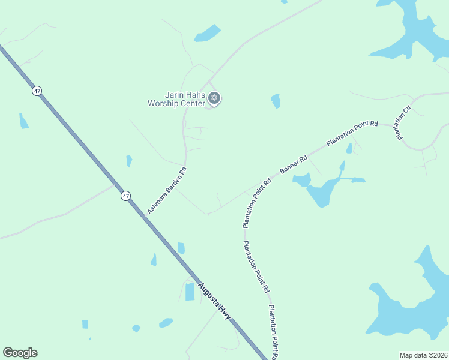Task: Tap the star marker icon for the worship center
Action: [x=214, y=98]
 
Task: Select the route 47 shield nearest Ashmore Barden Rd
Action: [x=125, y=196]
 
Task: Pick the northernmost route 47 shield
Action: [x=37, y=91]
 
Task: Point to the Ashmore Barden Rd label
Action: [x=167, y=190]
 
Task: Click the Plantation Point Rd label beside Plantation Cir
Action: [x=352, y=133]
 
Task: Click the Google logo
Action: [x=20, y=353]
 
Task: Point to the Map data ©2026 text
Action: [x=423, y=355]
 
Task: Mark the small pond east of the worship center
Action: [x=276, y=101]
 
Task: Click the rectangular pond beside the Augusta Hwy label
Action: [x=190, y=292]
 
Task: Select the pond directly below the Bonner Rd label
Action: [x=301, y=179]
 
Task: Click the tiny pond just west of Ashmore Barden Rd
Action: [x=129, y=161]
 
